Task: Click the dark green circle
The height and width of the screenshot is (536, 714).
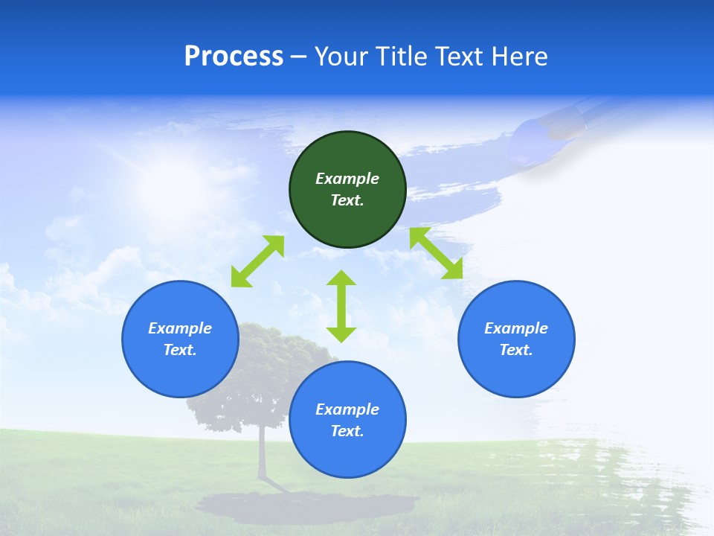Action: click(x=347, y=189)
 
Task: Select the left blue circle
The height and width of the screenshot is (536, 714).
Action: click(x=180, y=339)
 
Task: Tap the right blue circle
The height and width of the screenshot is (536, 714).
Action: click(x=516, y=339)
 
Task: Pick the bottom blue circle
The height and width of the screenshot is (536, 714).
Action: click(x=347, y=420)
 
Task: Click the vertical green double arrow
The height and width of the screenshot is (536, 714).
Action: click(x=341, y=306)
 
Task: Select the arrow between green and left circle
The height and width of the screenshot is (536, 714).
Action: click(x=257, y=261)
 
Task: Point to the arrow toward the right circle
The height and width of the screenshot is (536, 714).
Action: click(x=436, y=253)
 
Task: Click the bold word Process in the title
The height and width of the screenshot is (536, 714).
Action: click(x=234, y=57)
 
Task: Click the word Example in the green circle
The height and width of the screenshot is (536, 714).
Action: click(x=347, y=179)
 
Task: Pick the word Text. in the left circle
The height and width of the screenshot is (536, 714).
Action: click(x=180, y=350)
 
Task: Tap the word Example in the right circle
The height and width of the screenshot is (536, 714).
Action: click(x=516, y=328)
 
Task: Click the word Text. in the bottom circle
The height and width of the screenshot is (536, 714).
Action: click(x=347, y=431)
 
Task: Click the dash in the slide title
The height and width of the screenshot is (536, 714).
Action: click(x=299, y=57)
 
